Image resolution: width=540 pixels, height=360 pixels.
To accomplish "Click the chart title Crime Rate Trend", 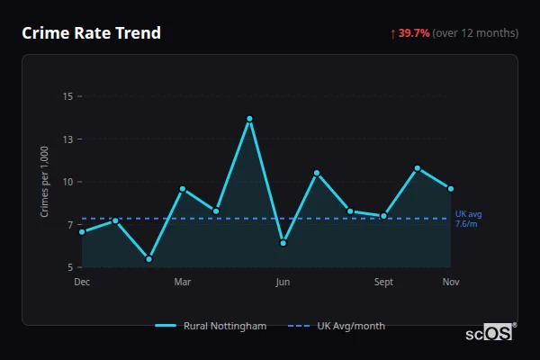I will coord(91,33).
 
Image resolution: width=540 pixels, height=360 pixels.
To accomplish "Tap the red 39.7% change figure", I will coord(415,33).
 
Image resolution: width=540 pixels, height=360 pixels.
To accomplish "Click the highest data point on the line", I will coord(249,119).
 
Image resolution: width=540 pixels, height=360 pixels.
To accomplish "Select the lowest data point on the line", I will coord(148,259).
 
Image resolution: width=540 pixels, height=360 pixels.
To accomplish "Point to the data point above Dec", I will coord(82,231).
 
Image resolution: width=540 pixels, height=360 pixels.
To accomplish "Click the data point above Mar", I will coord(182,189).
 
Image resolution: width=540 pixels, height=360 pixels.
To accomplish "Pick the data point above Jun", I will coord(283,243).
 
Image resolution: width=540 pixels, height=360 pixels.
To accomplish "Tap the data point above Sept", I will coord(383,216).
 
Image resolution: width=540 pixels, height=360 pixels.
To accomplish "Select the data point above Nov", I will coord(451,189).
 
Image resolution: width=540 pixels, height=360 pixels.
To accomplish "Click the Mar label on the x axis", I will coord(182,282).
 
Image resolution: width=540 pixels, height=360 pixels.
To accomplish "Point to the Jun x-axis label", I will coord(283,282).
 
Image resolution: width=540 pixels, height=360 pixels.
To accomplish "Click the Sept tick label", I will coord(383,282).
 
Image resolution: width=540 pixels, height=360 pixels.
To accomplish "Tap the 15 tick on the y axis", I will coord(67,96).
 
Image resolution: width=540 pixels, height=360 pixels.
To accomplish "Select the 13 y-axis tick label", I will coord(67,139).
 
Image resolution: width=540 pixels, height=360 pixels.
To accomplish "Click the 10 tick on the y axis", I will coord(67,182).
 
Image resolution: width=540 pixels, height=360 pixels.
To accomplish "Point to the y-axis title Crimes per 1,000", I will coord(45,182).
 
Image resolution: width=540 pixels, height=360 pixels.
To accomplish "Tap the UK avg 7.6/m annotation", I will coord(468,219).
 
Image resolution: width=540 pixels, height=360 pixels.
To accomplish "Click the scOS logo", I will coord(490,333).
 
